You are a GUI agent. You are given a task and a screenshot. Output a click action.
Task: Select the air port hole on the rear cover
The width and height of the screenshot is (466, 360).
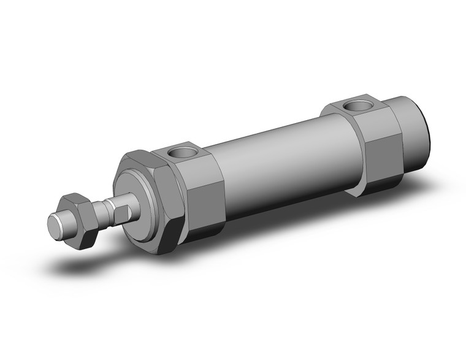tap(356, 105)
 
